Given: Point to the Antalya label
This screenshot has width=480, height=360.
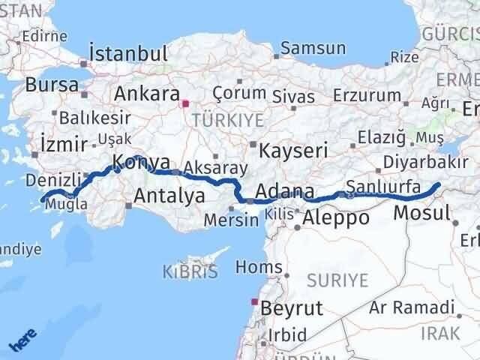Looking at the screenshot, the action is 169,196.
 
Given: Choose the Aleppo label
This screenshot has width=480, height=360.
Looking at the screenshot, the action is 336,218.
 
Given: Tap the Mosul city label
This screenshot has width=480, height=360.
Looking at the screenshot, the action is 422,212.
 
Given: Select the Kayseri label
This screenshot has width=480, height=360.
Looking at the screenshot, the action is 293,151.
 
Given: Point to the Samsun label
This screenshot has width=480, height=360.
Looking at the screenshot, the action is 313,49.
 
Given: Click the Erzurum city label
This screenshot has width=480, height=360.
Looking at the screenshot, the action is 367,95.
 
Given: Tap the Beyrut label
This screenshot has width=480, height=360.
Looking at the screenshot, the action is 292,307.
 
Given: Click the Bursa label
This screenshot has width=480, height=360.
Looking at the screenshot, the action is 51,85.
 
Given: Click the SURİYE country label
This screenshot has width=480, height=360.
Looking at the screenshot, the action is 337,281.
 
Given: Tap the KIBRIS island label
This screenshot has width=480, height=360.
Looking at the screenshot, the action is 190,271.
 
